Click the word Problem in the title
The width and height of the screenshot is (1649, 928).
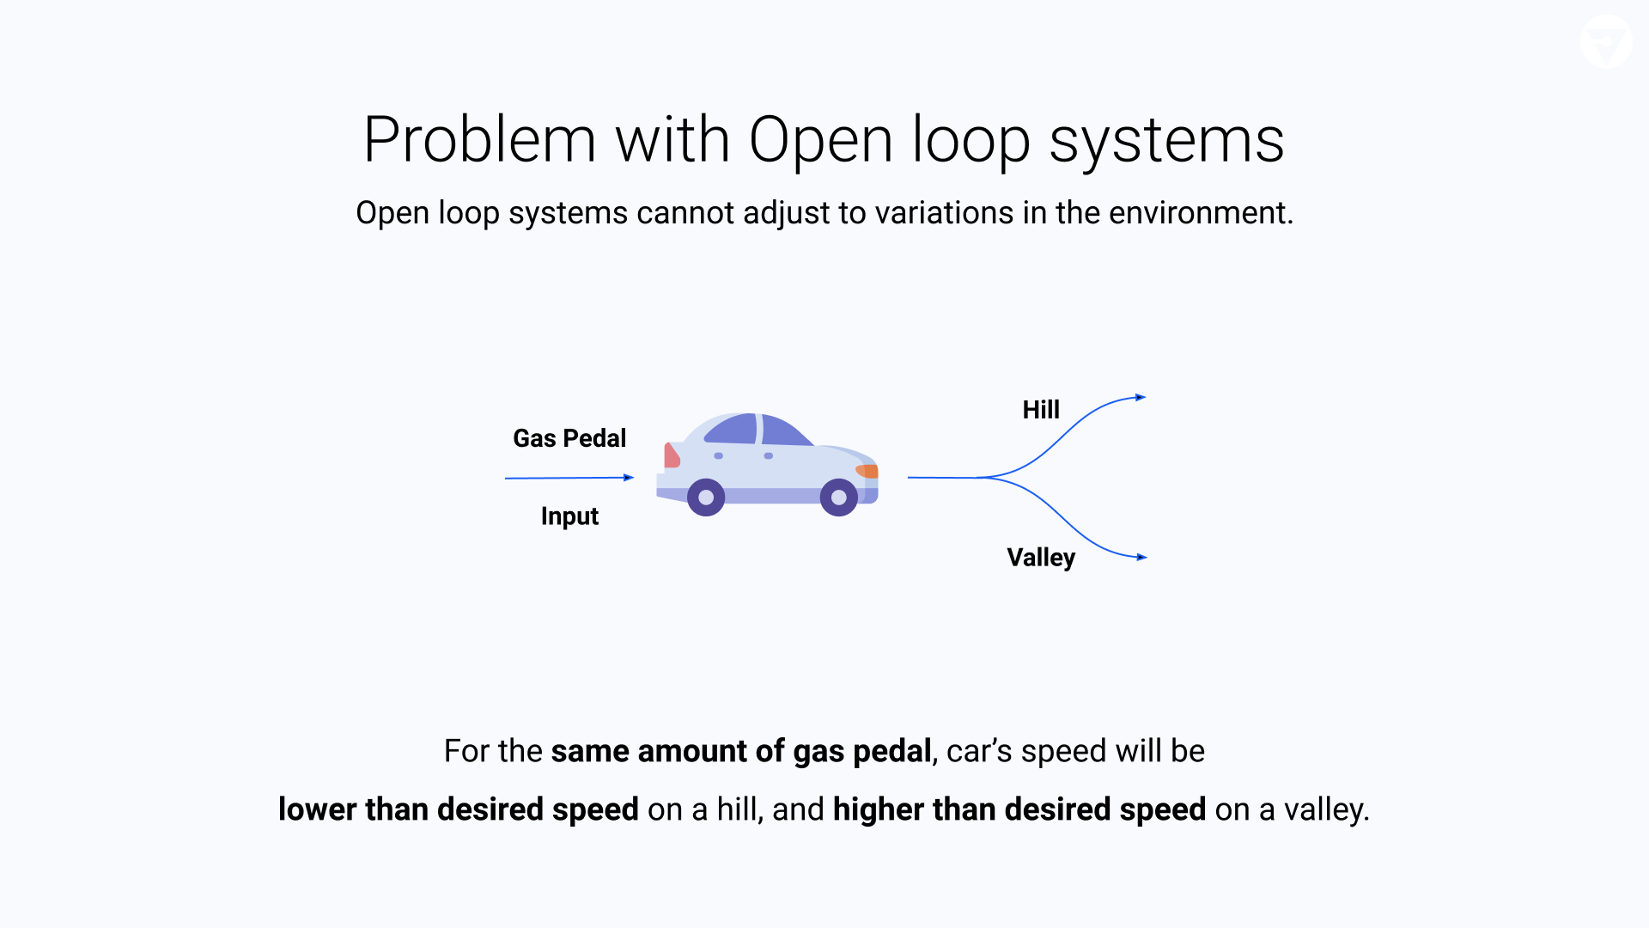[x=479, y=140]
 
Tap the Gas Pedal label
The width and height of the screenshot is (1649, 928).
[x=569, y=438]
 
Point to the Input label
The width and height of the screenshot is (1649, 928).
[x=569, y=516]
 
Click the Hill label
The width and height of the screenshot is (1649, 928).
[x=1041, y=410]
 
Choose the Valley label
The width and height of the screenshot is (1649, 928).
[x=1041, y=559]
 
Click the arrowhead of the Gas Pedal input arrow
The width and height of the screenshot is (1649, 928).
[x=629, y=478]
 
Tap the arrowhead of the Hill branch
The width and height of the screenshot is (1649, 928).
[x=1141, y=397]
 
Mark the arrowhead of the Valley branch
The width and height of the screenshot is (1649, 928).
[x=1142, y=558]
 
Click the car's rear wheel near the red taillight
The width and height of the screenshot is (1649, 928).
[x=706, y=498]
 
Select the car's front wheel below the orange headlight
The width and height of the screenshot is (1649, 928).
[x=839, y=498]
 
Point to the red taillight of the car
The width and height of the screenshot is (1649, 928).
[x=672, y=455]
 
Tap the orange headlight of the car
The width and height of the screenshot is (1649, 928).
[x=867, y=471]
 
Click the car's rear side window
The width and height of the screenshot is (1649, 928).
[x=732, y=429]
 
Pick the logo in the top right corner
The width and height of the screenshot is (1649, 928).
[x=1606, y=41]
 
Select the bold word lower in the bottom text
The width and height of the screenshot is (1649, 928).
[x=317, y=809]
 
